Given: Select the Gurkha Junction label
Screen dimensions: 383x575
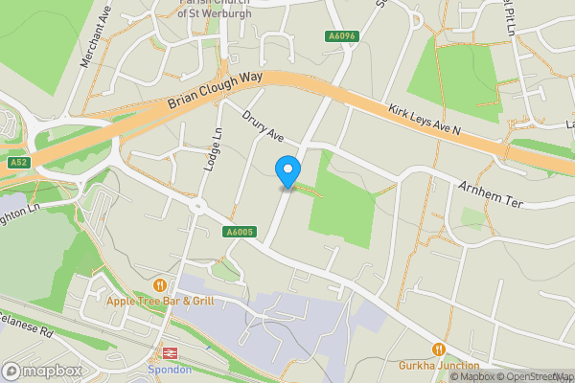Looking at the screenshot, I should tap(439, 365).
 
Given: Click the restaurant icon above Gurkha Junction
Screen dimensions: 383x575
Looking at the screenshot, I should tap(439, 349).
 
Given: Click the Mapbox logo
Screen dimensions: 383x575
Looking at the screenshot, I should tap(41, 371).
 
